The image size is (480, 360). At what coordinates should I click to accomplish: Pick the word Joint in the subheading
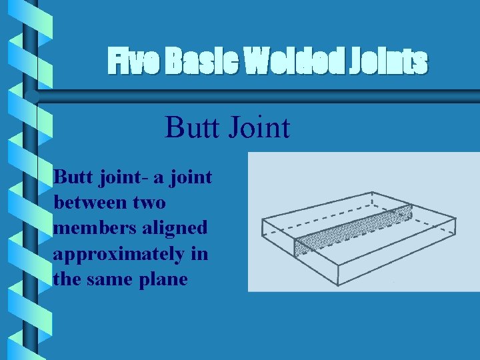click(257, 127)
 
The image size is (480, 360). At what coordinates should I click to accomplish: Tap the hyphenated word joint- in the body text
click(119, 177)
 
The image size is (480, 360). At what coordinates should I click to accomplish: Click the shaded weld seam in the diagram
click(353, 226)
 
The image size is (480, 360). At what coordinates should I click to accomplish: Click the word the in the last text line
click(65, 279)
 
